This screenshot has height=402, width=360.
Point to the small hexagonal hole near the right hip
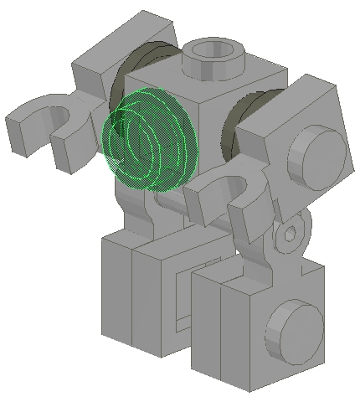pos(289,232)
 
